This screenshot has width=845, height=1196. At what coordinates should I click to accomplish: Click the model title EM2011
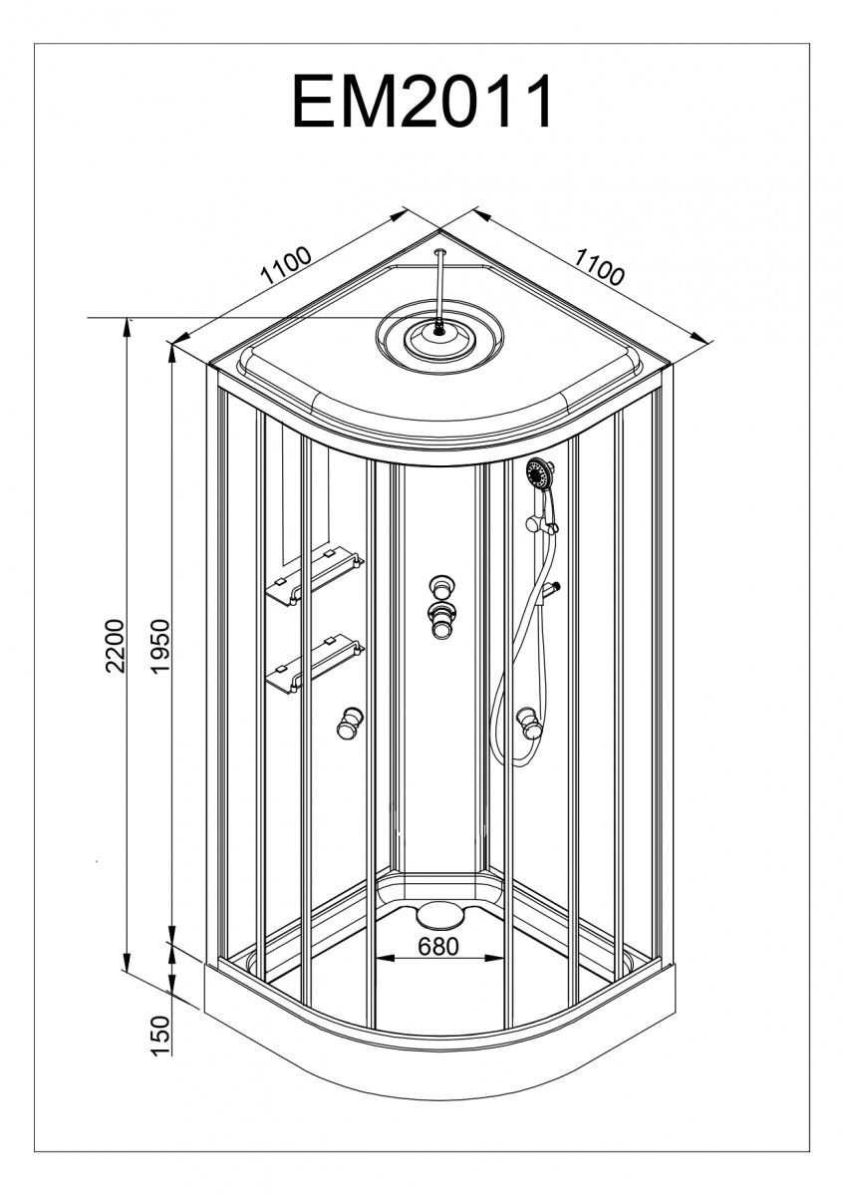click(x=422, y=101)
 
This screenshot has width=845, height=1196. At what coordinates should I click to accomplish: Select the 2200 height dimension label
click(x=115, y=646)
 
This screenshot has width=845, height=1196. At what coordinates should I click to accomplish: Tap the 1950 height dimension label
click(x=159, y=646)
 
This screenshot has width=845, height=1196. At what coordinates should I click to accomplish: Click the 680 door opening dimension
click(x=438, y=947)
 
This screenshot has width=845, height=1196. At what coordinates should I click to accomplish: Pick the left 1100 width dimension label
click(x=286, y=265)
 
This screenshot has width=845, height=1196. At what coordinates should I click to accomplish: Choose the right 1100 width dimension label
click(x=599, y=267)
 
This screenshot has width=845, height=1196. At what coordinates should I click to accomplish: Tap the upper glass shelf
click(x=315, y=577)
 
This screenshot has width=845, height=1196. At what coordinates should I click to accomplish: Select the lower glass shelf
click(x=315, y=664)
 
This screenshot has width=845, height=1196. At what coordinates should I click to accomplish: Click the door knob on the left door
click(x=349, y=724)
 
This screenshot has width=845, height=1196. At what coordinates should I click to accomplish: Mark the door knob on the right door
click(x=528, y=723)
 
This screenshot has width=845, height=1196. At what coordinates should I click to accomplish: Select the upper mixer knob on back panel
click(x=440, y=587)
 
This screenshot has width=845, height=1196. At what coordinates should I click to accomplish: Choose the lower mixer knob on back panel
click(x=440, y=620)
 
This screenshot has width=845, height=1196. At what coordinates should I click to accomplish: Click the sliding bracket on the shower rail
click(x=542, y=524)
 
